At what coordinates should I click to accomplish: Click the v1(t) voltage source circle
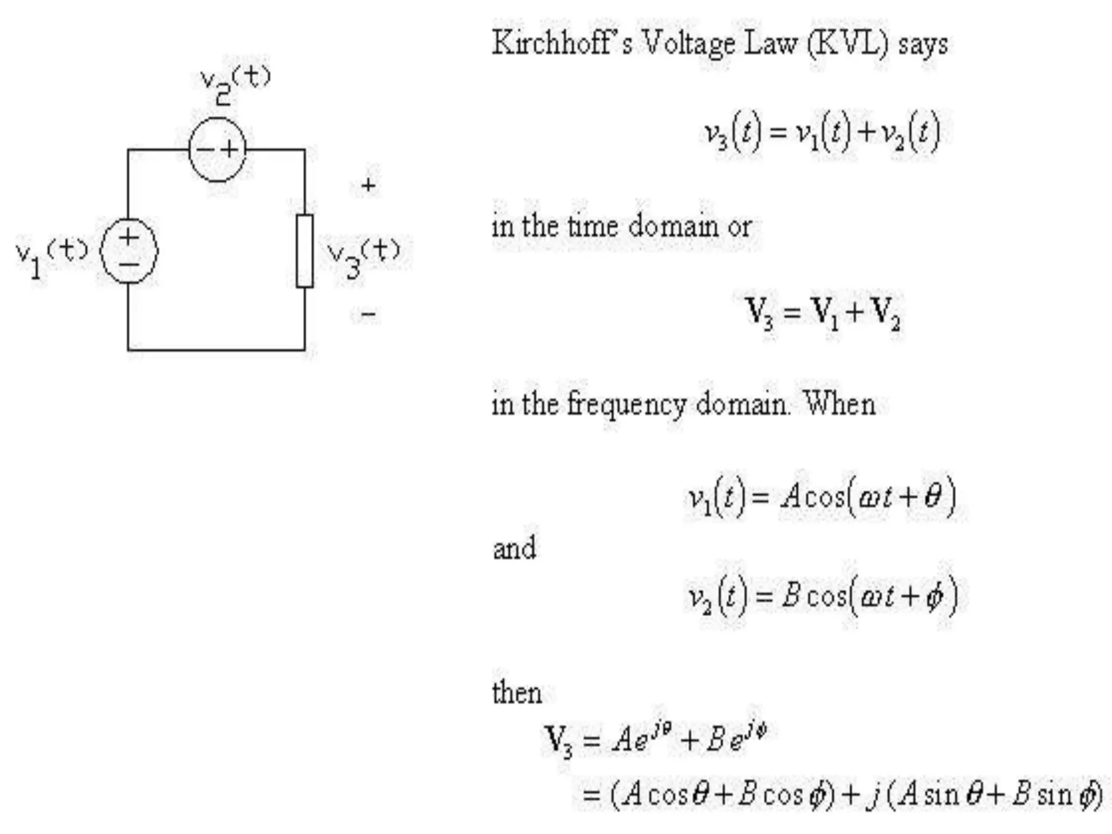tap(129, 251)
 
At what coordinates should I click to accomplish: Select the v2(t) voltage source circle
tap(217, 149)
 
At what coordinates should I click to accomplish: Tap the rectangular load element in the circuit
tap(305, 251)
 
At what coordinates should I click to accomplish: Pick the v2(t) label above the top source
tap(235, 84)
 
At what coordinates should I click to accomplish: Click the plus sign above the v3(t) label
tap(368, 186)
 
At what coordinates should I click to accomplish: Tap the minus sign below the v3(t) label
tap(368, 314)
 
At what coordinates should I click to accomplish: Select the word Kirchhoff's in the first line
tap(562, 43)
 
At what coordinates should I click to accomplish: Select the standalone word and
tap(514, 547)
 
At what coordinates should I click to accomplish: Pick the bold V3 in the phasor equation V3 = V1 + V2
tap(760, 313)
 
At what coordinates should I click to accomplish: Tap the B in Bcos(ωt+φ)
tap(791, 596)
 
